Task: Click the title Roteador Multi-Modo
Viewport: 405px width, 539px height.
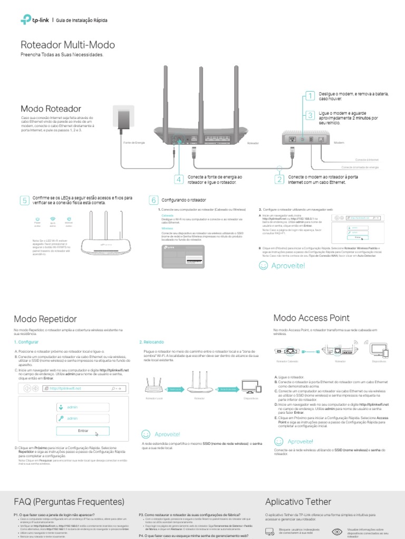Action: [67, 45]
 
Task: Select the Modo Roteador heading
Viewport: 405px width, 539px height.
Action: [51, 108]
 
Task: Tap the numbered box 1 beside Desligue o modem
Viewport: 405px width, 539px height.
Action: [310, 96]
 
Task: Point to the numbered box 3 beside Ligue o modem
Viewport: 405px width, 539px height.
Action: [310, 115]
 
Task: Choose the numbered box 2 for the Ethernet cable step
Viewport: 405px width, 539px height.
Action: [279, 179]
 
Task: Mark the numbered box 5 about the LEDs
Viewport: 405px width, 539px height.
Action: [24, 200]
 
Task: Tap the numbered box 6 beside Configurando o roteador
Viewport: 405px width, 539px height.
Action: [153, 200]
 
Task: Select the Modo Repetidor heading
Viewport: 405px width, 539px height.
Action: [45, 319]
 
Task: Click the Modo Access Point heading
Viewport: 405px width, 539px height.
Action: [311, 317]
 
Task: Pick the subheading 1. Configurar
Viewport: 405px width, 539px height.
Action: [26, 342]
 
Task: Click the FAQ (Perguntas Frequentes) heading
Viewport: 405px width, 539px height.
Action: [69, 501]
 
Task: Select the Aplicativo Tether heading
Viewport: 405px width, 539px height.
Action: [298, 501]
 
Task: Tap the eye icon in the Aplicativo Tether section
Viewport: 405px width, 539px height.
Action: [337, 532]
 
